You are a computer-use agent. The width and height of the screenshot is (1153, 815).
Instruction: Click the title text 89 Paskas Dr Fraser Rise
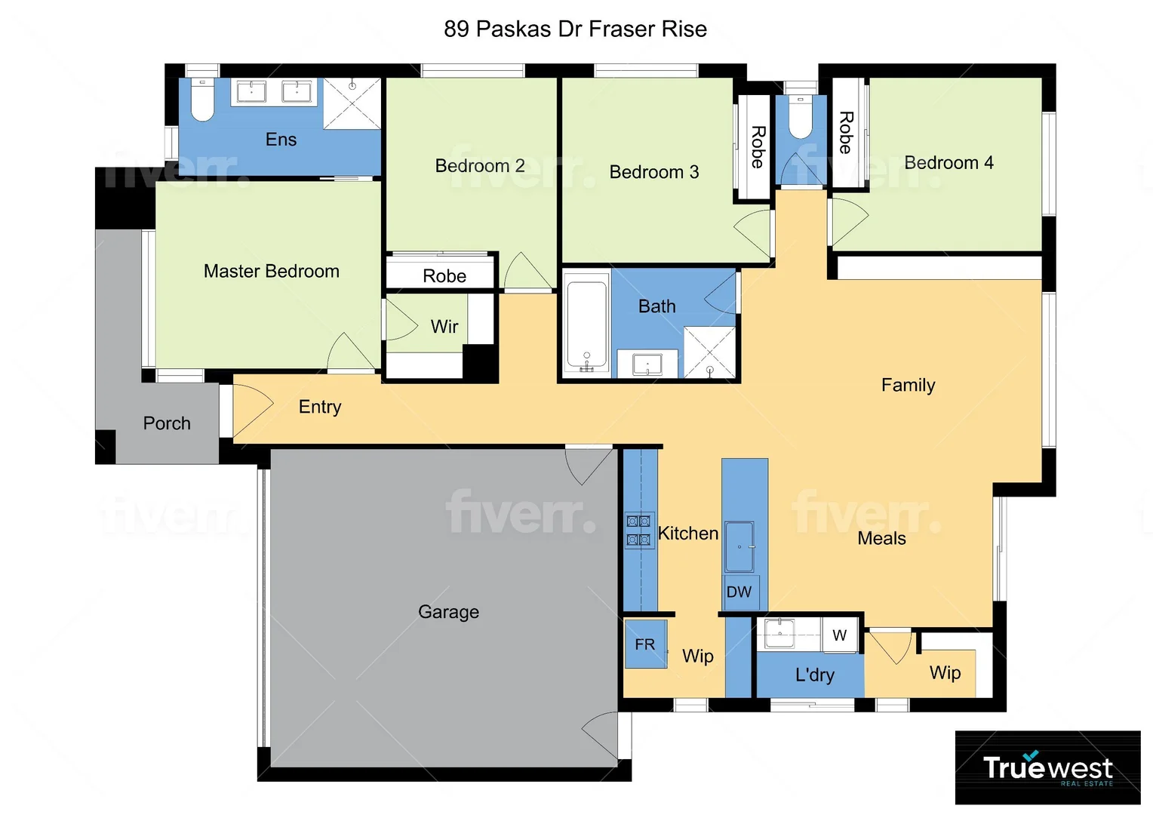(x=575, y=29)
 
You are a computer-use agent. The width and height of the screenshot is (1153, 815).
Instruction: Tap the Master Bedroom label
(x=271, y=271)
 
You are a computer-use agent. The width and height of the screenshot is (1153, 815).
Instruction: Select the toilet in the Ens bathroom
(x=202, y=100)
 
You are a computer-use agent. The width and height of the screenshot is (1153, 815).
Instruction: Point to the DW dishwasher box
(x=739, y=592)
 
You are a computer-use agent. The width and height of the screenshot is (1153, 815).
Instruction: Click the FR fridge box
(x=645, y=644)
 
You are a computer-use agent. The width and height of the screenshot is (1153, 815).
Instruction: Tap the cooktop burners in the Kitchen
(x=638, y=530)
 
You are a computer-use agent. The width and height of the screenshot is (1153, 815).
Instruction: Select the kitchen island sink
(x=739, y=546)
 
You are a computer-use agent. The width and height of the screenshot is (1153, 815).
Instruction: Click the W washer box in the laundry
(x=839, y=635)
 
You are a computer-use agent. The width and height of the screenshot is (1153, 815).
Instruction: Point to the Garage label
(x=448, y=612)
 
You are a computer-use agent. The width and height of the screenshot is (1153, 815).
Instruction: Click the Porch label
(x=167, y=423)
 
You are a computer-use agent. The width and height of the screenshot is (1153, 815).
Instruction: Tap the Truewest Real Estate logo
(x=1047, y=767)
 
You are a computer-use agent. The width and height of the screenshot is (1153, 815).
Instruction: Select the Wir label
(x=444, y=327)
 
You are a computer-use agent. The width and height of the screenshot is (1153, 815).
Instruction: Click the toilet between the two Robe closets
(x=800, y=117)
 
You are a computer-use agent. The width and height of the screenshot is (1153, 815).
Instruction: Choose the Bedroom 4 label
(x=949, y=163)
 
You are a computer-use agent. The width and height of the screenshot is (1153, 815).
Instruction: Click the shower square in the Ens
(x=352, y=103)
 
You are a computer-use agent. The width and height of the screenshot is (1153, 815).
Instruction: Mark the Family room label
(x=908, y=386)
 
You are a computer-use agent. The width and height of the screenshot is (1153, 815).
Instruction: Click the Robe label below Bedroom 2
(x=444, y=276)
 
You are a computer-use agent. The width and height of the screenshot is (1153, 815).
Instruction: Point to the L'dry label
(x=814, y=674)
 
